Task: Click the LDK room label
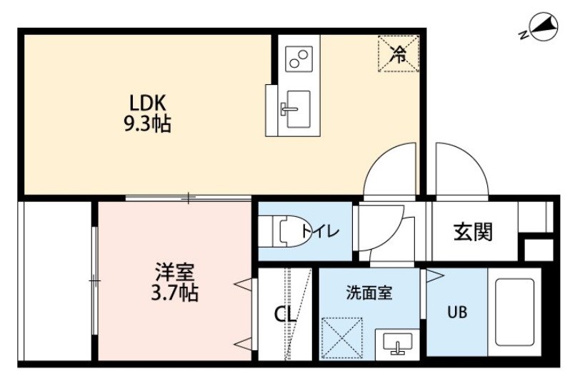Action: click(x=148, y=103)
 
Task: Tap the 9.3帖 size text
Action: click(x=148, y=123)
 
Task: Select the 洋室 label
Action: click(x=174, y=272)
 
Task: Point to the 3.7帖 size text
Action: click(x=174, y=293)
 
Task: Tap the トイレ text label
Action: click(x=321, y=231)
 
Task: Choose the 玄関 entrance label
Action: click(x=473, y=232)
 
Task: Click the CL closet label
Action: click(x=286, y=315)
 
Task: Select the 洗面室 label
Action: click(x=369, y=293)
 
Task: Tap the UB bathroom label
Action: click(x=457, y=312)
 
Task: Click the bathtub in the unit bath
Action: click(x=514, y=312)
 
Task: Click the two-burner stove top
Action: click(x=299, y=59)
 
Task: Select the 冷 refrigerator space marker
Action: click(x=399, y=54)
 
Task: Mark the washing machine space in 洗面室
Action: click(x=341, y=338)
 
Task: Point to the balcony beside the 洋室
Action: click(x=57, y=280)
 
